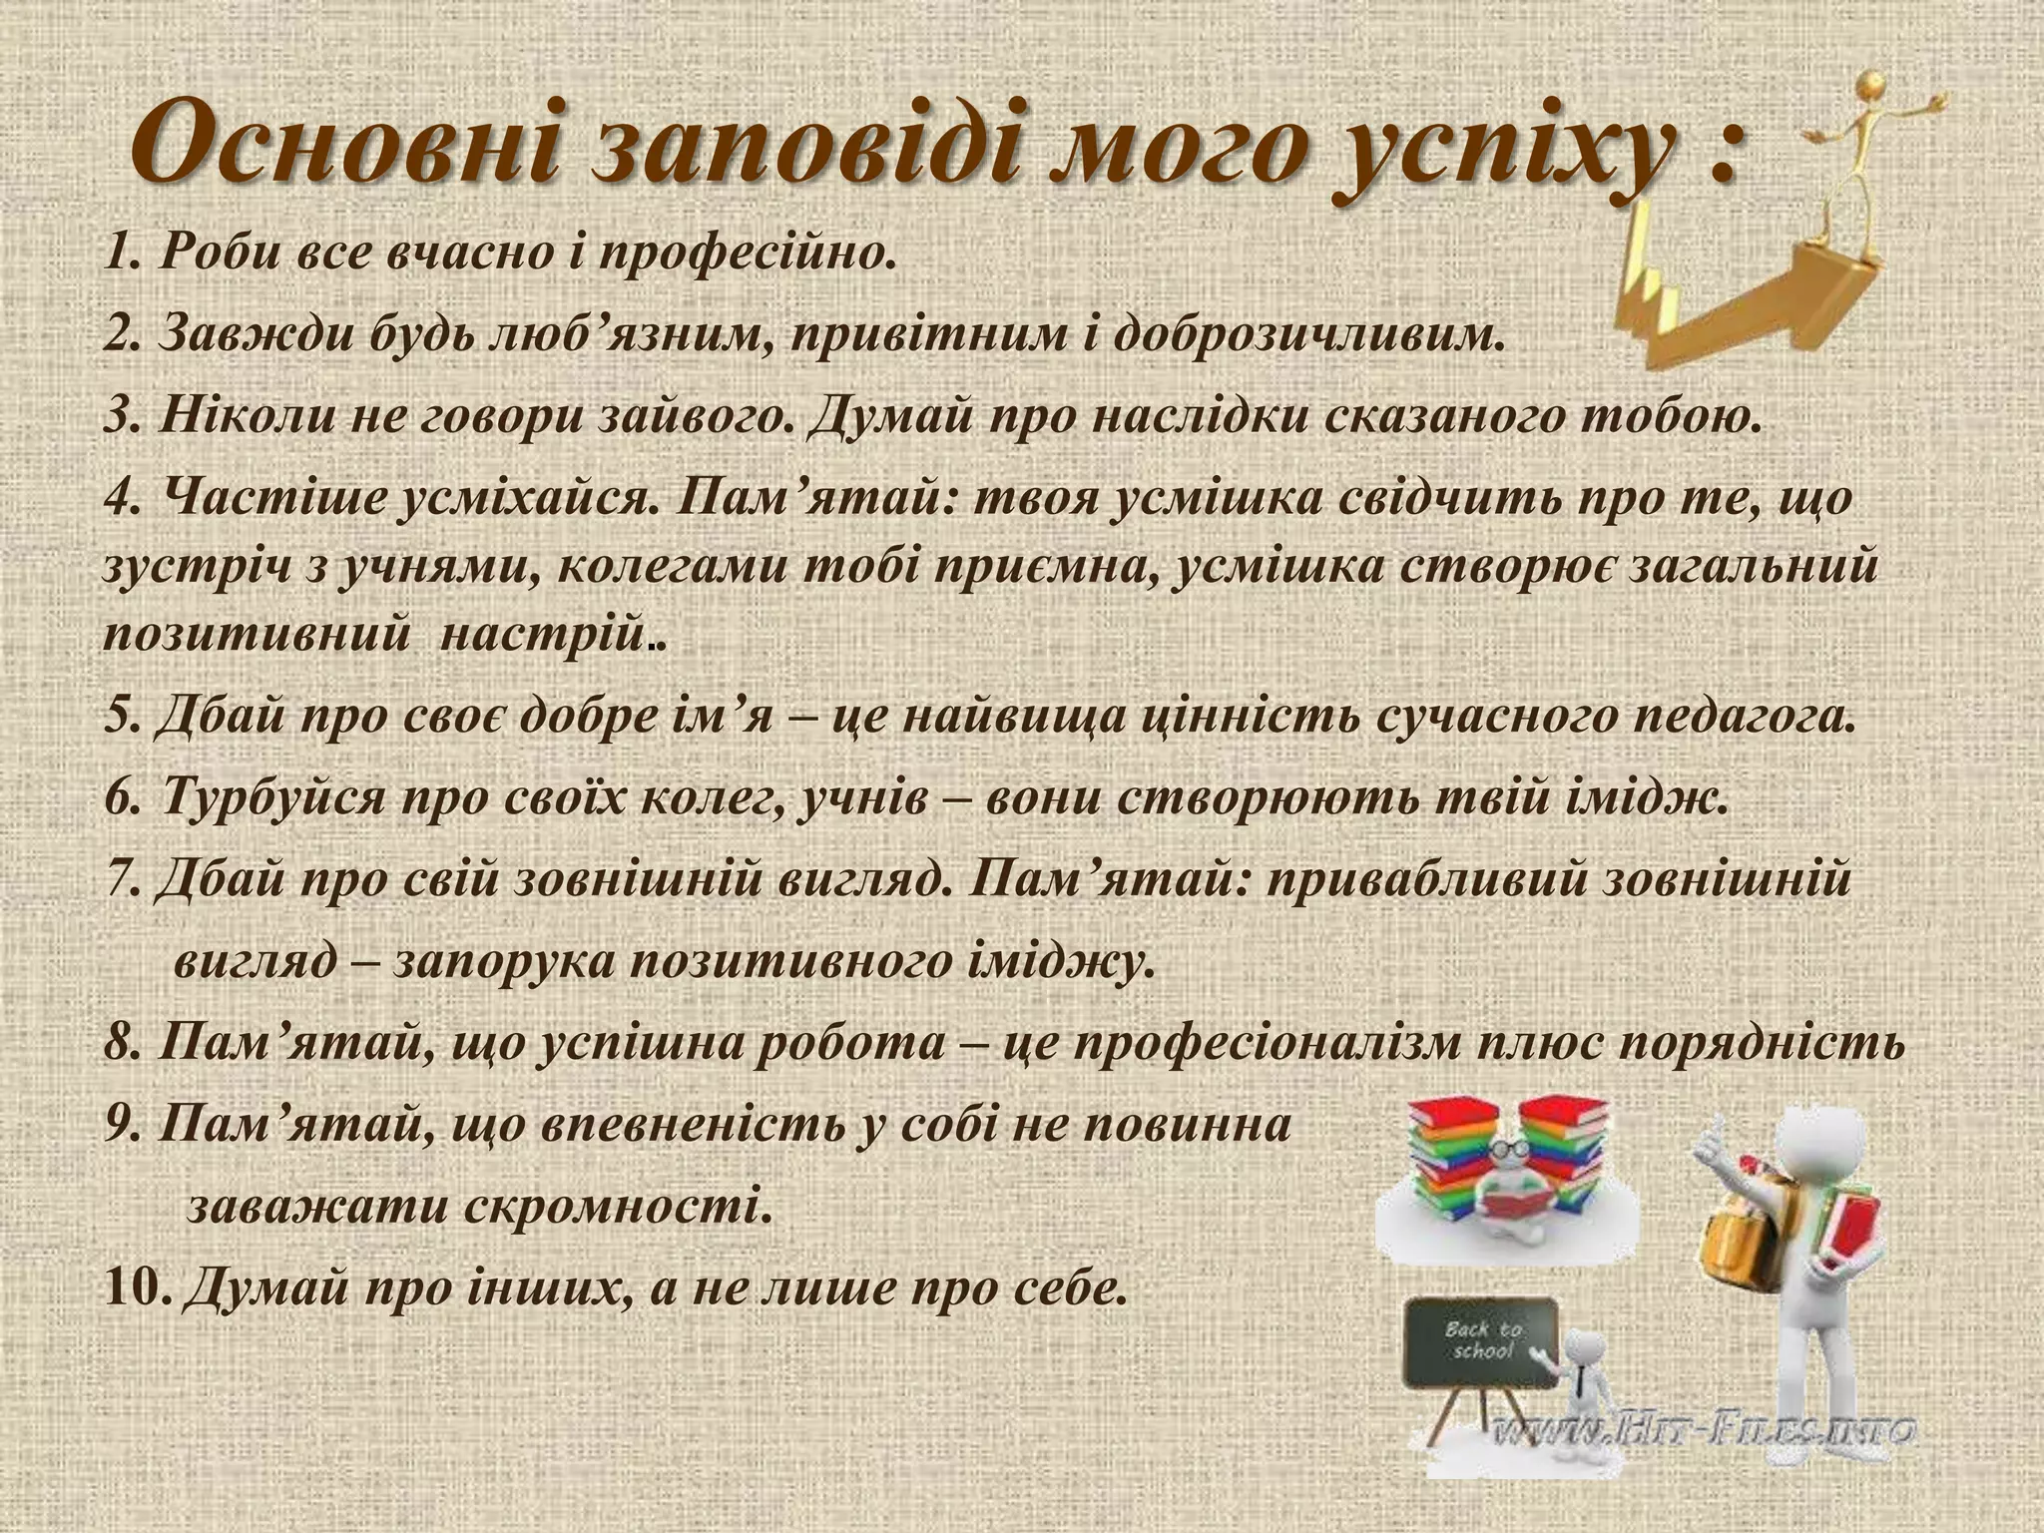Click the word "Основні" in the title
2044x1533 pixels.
344,143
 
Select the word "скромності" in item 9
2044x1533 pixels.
614,1209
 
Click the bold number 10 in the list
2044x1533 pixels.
135,1289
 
